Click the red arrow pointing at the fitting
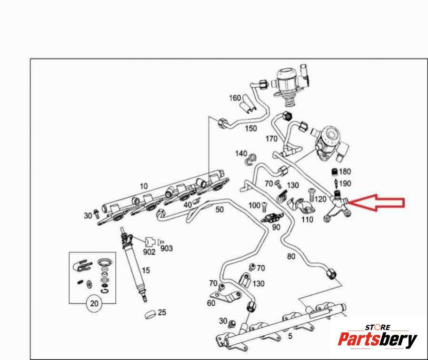[377, 202]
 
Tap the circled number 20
[94, 303]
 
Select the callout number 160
[235, 98]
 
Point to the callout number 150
[251, 128]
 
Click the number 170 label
[271, 139]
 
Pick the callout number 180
[345, 171]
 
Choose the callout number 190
[345, 183]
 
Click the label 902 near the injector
[149, 252]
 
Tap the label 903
[167, 249]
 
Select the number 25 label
[162, 312]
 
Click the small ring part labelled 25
[150, 315]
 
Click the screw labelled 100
[264, 207]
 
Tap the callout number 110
[307, 220]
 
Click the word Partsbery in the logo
[378, 340]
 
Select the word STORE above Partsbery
[378, 327]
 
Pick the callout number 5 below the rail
[290, 336]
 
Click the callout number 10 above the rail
[144, 186]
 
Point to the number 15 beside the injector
[146, 270]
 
